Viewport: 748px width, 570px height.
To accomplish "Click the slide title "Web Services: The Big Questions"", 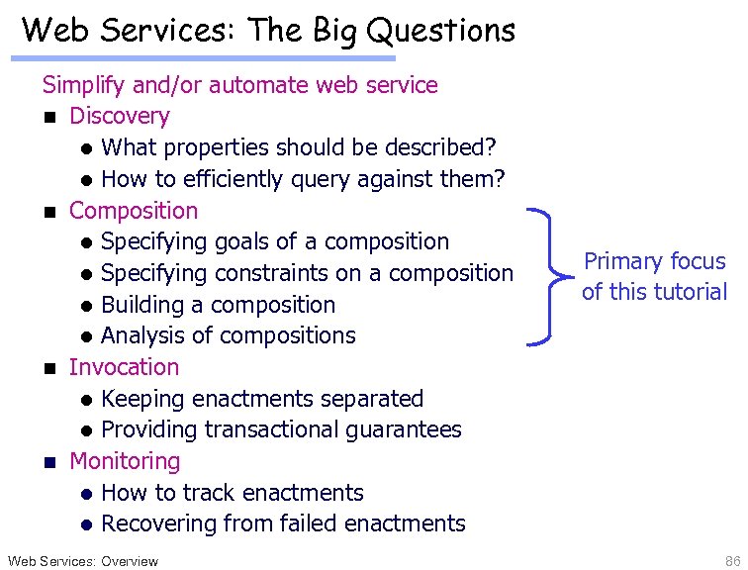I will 268,30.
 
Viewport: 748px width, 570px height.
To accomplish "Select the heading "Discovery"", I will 119,116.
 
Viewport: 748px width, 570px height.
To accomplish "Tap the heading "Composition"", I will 134,211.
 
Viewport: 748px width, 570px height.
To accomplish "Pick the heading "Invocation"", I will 124,367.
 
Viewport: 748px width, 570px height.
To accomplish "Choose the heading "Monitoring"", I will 125,461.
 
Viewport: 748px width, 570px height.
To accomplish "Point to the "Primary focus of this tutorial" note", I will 654,276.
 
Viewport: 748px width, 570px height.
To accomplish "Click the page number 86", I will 731,561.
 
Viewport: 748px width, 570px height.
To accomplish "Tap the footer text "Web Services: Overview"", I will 82,561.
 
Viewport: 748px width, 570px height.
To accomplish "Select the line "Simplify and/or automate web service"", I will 239,85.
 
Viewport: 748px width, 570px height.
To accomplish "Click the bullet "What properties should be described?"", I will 298,147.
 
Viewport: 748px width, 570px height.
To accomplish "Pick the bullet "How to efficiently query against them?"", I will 303,179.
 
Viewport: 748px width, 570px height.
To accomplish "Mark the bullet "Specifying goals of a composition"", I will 274,241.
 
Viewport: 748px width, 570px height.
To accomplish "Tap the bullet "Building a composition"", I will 218,305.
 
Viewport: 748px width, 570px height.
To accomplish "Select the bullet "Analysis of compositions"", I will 228,335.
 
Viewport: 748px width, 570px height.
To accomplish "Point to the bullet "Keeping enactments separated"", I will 261,399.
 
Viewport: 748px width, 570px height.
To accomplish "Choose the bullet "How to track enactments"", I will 232,493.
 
